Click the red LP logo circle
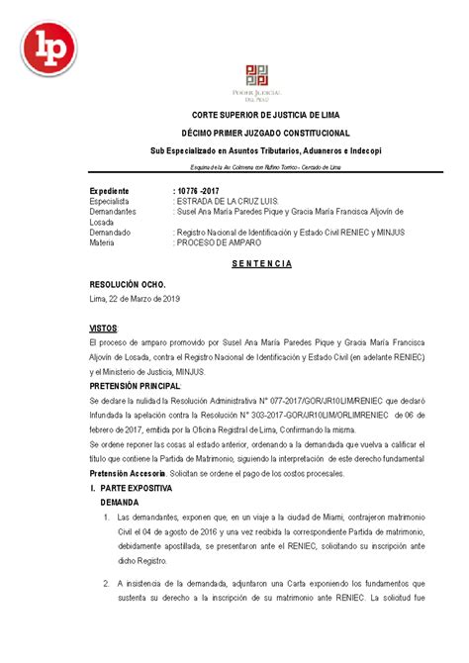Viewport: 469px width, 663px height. tap(47, 50)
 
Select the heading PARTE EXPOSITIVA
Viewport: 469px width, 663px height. tap(138, 490)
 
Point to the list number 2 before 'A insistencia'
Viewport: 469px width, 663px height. tap(107, 584)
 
